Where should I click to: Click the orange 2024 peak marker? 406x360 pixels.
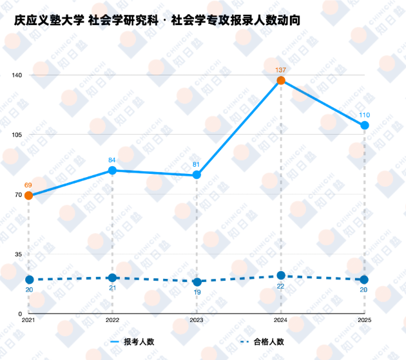(281, 81)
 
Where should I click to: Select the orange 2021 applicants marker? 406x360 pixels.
(28, 196)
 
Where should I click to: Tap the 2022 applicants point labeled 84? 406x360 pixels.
(112, 170)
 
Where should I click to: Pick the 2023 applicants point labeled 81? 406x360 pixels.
(197, 175)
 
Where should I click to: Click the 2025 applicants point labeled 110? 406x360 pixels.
(365, 125)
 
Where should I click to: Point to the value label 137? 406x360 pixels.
(281, 70)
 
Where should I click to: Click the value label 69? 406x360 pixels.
(28, 185)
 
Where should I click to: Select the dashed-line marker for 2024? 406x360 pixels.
(281, 276)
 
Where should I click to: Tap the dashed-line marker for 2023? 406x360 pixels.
(197, 281)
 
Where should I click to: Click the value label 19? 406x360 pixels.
(197, 292)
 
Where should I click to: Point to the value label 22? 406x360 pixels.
(281, 286)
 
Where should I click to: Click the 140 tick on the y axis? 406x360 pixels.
(17, 75)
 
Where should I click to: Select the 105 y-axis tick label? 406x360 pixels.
(17, 135)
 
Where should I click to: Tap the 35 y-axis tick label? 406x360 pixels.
(19, 254)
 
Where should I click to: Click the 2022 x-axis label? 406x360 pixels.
(112, 319)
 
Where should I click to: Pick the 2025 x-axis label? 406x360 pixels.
(365, 319)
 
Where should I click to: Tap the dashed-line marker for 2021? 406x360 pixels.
(29, 279)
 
